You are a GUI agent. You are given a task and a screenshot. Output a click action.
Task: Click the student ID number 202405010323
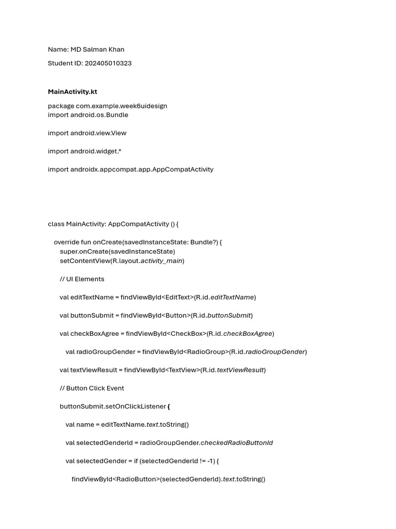click(x=108, y=63)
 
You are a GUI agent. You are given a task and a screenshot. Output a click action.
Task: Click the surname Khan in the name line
click(x=115, y=50)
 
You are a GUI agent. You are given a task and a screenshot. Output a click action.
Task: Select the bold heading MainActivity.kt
click(x=72, y=92)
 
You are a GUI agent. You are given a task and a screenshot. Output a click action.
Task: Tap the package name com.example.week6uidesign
click(x=122, y=106)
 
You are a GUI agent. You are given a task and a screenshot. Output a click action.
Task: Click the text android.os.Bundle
click(x=100, y=115)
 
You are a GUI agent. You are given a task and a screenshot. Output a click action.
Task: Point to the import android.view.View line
click(x=87, y=133)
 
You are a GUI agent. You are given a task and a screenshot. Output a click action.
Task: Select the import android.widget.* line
click(x=85, y=151)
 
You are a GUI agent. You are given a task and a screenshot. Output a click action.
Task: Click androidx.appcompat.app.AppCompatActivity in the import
click(x=142, y=169)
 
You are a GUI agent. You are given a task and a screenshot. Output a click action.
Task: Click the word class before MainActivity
click(x=56, y=224)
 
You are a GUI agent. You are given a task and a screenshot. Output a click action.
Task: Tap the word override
click(x=67, y=242)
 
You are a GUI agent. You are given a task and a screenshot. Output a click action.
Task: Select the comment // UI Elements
click(x=82, y=279)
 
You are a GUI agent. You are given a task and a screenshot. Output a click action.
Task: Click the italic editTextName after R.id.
click(x=232, y=297)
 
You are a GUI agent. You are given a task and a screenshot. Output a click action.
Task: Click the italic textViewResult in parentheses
click(x=240, y=370)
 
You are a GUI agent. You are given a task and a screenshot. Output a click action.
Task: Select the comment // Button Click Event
click(x=92, y=388)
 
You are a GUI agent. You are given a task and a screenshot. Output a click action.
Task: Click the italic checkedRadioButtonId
click(x=237, y=443)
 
